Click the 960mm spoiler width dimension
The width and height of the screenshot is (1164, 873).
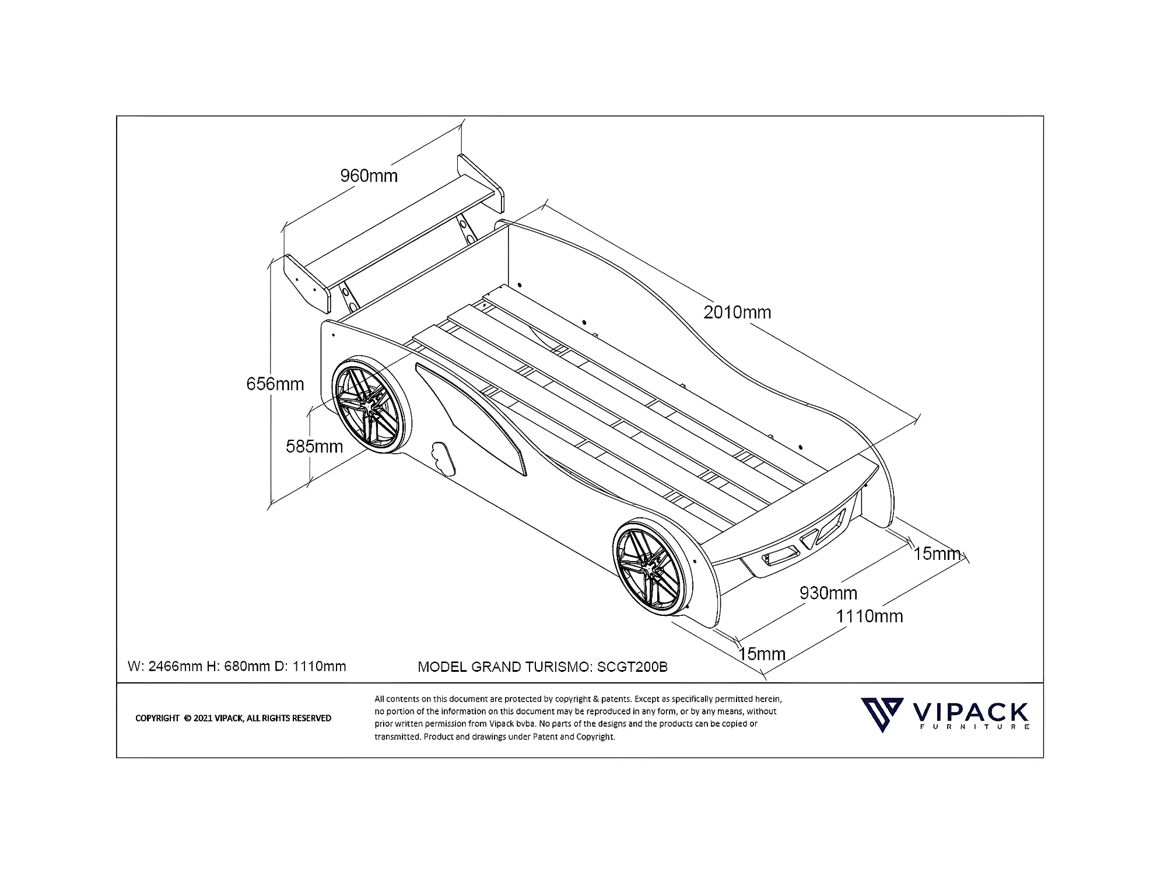point(369,176)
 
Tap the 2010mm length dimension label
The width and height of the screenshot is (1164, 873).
point(737,313)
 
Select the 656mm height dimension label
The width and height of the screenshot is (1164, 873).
point(275,384)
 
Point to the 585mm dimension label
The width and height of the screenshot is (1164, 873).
point(314,446)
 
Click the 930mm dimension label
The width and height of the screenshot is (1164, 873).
point(828,593)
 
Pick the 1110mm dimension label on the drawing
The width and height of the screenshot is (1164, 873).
point(869,616)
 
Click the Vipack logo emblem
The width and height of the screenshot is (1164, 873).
point(882,714)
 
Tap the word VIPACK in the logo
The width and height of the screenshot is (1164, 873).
point(969,712)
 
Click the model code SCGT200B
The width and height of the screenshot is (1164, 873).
point(632,667)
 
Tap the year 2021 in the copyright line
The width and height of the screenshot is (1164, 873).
point(203,718)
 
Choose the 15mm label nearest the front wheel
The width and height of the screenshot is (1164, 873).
point(762,654)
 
